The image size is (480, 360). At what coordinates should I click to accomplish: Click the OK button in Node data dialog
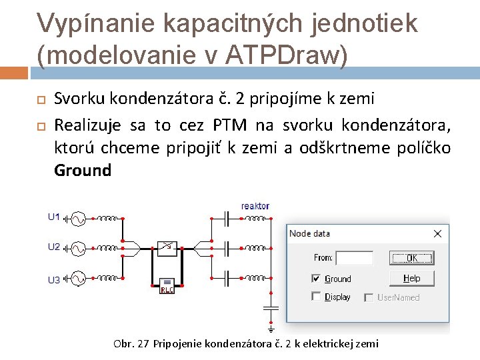[x=411, y=258]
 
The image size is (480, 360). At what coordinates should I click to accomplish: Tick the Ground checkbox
[x=317, y=278]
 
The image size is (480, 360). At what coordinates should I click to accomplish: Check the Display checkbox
[x=317, y=297]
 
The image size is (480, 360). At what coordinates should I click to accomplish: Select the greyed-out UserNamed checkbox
[x=369, y=297]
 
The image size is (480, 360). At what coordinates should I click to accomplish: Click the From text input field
[x=354, y=258]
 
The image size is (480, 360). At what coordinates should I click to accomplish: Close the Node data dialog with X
[x=437, y=234]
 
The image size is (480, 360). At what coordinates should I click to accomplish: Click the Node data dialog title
[x=309, y=234]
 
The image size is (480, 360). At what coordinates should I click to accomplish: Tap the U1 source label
[x=54, y=217]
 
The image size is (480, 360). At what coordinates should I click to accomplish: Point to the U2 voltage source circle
[x=77, y=248]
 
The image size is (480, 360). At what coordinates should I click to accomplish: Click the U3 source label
[x=54, y=280]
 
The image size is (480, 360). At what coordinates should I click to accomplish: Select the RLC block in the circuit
[x=167, y=285]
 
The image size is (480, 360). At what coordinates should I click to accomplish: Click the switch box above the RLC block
[x=167, y=248]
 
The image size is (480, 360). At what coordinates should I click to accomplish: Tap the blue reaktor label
[x=255, y=207]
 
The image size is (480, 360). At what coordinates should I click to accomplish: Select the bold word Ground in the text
[x=83, y=171]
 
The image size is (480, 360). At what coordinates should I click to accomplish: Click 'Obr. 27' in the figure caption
[x=131, y=344]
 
